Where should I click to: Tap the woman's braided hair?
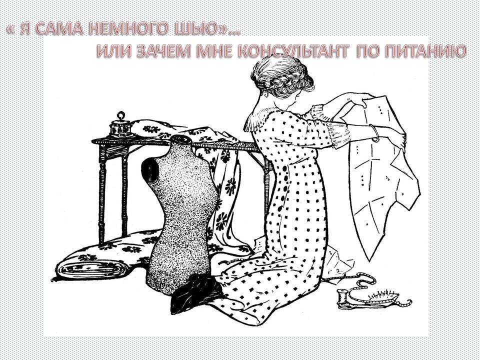coord(281,78)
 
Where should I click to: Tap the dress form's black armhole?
coord(150,169)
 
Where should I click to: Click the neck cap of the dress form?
coord(180,139)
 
